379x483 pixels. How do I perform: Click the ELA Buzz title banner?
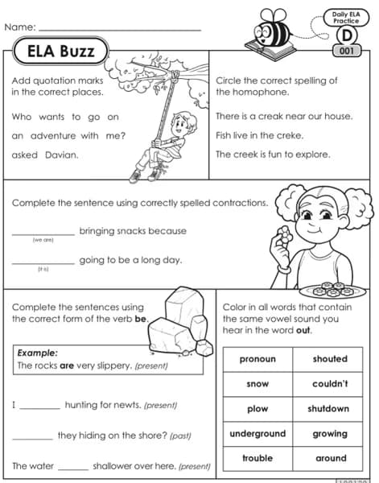pyautogui.click(x=60, y=53)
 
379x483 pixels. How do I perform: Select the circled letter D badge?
pyautogui.click(x=346, y=35)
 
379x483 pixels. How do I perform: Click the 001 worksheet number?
pyautogui.click(x=347, y=51)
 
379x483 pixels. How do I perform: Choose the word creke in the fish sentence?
pyautogui.click(x=295, y=135)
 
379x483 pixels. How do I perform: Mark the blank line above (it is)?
pyautogui.click(x=43, y=262)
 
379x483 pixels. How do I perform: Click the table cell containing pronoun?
pyautogui.click(x=257, y=359)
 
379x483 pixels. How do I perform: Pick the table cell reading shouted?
pyautogui.click(x=330, y=359)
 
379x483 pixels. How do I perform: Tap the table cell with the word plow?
pyautogui.click(x=257, y=409)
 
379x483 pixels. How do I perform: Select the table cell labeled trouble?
pyautogui.click(x=257, y=458)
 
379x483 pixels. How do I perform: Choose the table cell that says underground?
pyautogui.click(x=257, y=434)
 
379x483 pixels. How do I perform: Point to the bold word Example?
pyautogui.click(x=38, y=353)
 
